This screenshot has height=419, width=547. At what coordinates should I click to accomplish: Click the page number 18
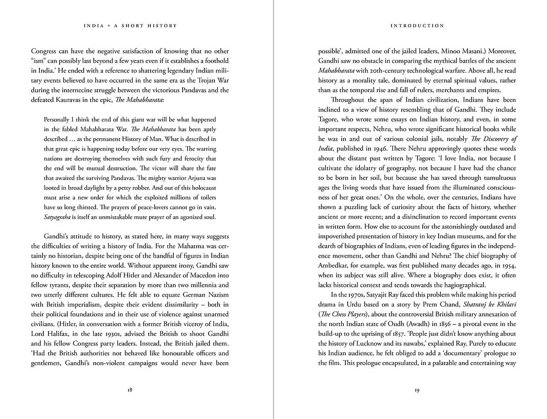[x=130, y=390]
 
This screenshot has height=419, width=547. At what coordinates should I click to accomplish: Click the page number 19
[x=417, y=390]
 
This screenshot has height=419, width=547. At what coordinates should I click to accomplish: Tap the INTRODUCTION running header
[x=417, y=26]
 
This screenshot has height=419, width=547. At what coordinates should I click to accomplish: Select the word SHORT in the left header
[x=136, y=26]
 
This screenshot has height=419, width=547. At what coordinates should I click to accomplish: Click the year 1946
[x=388, y=148]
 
